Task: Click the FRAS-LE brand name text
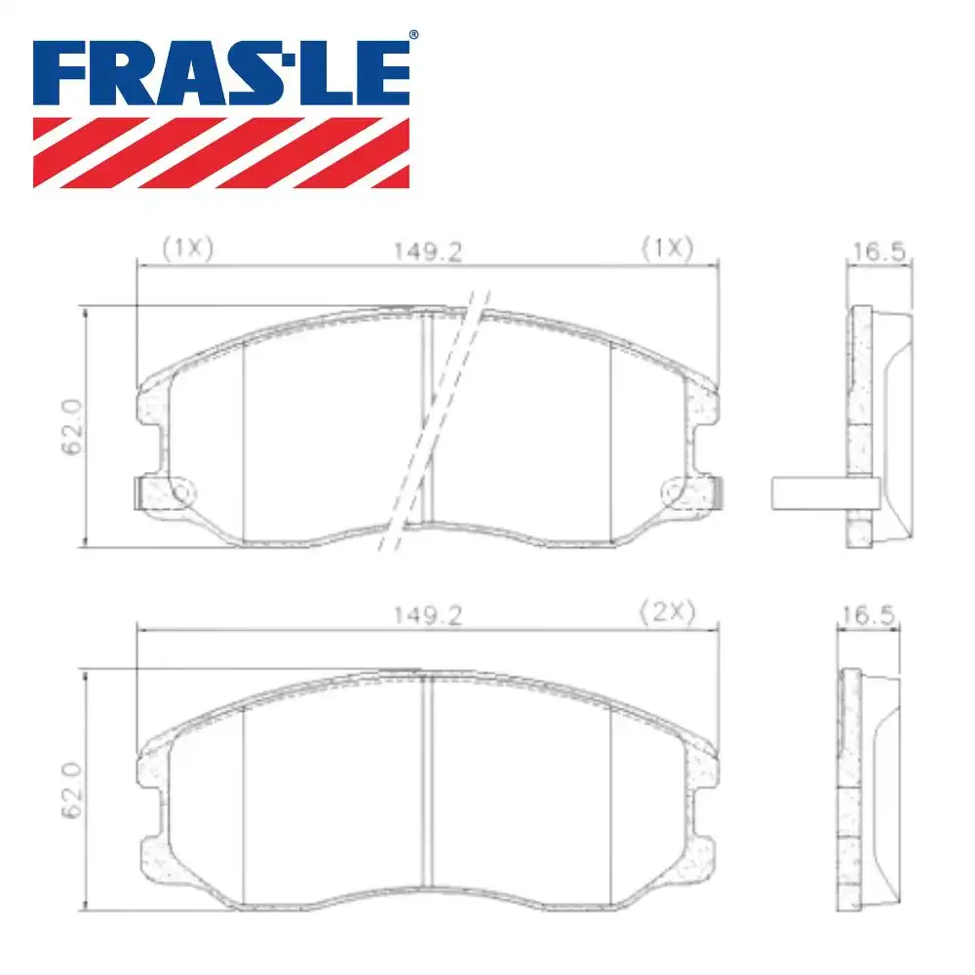click(220, 73)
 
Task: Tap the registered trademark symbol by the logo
click(413, 35)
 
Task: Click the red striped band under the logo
click(220, 153)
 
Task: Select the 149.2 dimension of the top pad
click(428, 252)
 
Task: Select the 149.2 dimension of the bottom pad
click(428, 615)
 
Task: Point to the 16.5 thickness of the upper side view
click(878, 252)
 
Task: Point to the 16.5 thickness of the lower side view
click(868, 615)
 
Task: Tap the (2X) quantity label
click(667, 612)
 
